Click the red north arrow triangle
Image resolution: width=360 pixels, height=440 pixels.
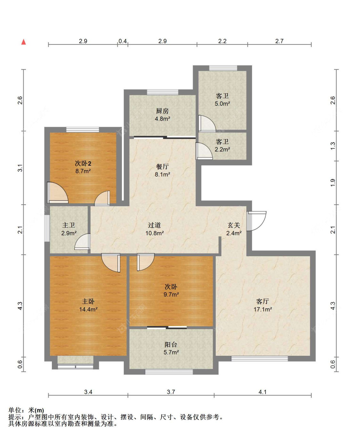coord(24,42)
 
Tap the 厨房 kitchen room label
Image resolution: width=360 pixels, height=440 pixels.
coord(162,111)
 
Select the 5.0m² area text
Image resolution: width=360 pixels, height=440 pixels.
coord(222,103)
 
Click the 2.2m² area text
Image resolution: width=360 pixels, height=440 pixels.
coord(222,149)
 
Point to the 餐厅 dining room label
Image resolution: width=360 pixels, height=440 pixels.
coord(162,167)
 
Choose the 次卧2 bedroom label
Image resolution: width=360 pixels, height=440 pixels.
coord(83,163)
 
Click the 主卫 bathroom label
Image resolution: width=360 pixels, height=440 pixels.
coord(68,225)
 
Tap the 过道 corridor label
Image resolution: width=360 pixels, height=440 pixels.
coord(154,225)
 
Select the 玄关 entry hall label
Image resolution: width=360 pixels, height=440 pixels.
coord(234,225)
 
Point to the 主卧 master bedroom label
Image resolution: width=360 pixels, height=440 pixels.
coord(88,301)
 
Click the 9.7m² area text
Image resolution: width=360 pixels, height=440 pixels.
coord(171,294)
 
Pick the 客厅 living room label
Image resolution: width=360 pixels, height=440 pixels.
coord(262,301)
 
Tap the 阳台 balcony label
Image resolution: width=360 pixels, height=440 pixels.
coord(171,344)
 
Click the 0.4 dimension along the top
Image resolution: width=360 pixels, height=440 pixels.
coord(123,41)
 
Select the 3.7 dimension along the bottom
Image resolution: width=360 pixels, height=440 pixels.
coord(171,392)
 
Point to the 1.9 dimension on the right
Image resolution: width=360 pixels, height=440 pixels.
coord(333,183)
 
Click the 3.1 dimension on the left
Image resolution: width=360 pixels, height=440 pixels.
coord(20,168)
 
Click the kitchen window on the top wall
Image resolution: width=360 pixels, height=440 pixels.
coord(162,92)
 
